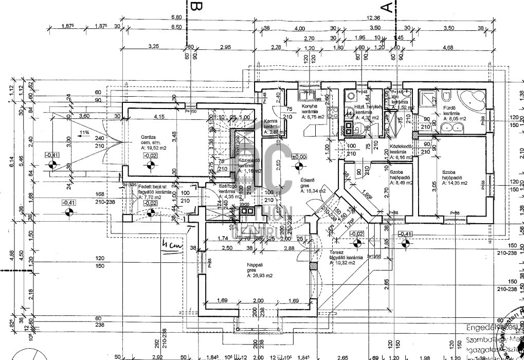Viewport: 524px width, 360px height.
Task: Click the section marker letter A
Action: point(387,6)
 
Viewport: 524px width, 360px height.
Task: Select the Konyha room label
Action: point(310,106)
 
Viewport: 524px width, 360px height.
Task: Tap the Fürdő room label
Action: point(450,108)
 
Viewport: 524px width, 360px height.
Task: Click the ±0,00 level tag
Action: point(299,157)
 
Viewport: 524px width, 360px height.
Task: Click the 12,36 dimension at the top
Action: point(374,19)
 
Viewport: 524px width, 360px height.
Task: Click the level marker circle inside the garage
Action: point(150,166)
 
